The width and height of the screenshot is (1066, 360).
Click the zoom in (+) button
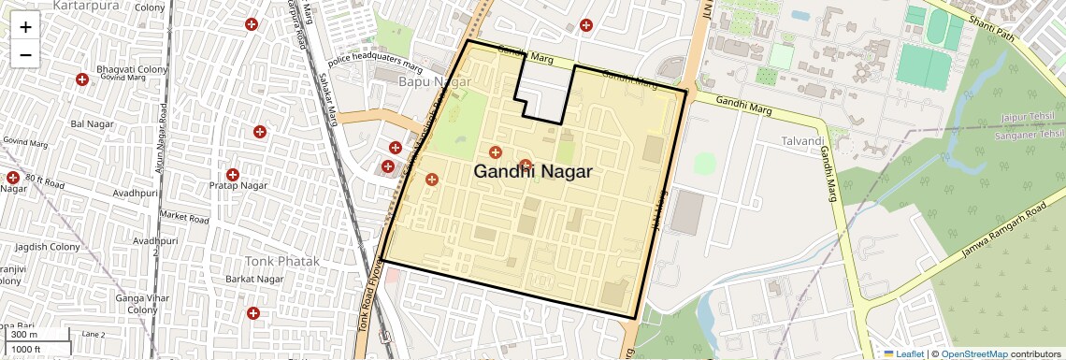25,27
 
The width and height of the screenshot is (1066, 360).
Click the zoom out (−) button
25,54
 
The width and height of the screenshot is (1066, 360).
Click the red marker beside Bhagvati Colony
83,80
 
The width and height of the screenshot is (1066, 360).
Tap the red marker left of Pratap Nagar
232,174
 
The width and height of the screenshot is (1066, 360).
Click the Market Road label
184,216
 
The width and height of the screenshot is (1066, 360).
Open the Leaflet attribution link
904,353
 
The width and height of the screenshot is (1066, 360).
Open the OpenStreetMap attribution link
973,353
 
